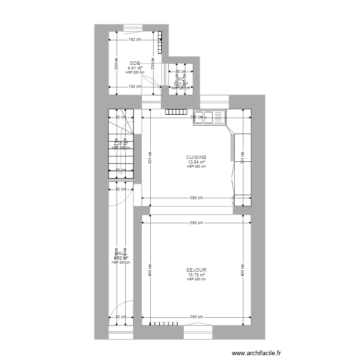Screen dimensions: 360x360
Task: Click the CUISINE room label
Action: coord(196,157)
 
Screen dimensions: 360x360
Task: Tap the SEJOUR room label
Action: coord(196,270)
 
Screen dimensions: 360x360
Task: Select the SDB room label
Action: coord(135,63)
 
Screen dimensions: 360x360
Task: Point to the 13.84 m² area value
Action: coord(196,162)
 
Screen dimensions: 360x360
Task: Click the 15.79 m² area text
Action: coord(196,275)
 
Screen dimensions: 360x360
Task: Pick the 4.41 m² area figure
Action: coord(135,68)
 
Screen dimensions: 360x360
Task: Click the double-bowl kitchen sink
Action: coord(209,118)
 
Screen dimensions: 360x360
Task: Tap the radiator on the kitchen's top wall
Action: coord(176,112)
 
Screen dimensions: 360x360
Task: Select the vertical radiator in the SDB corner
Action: coord(160,42)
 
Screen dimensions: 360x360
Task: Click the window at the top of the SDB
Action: coord(132,27)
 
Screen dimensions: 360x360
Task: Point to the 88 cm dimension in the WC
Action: coord(180,71)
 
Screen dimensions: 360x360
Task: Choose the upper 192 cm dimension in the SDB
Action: coord(135,40)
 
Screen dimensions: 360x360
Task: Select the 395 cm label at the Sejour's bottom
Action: coord(196,317)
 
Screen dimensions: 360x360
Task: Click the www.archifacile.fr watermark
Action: coord(257,353)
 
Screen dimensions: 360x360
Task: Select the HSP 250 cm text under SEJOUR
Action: coord(196,279)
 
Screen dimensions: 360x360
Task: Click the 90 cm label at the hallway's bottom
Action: coord(120,317)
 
